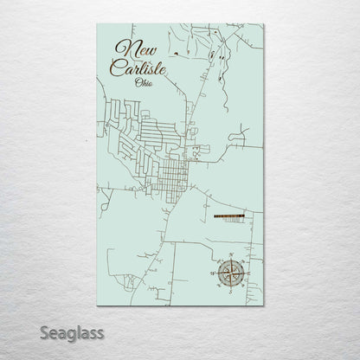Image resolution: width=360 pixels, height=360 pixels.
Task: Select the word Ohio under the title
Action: (x=145, y=83)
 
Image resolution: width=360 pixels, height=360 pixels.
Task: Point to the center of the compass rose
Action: (x=230, y=273)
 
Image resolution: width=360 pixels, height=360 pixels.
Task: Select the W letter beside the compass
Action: (x=212, y=273)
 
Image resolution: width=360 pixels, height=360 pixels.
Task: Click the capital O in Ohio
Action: (x=138, y=83)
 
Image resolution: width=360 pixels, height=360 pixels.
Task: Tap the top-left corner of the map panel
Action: (x=98, y=25)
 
